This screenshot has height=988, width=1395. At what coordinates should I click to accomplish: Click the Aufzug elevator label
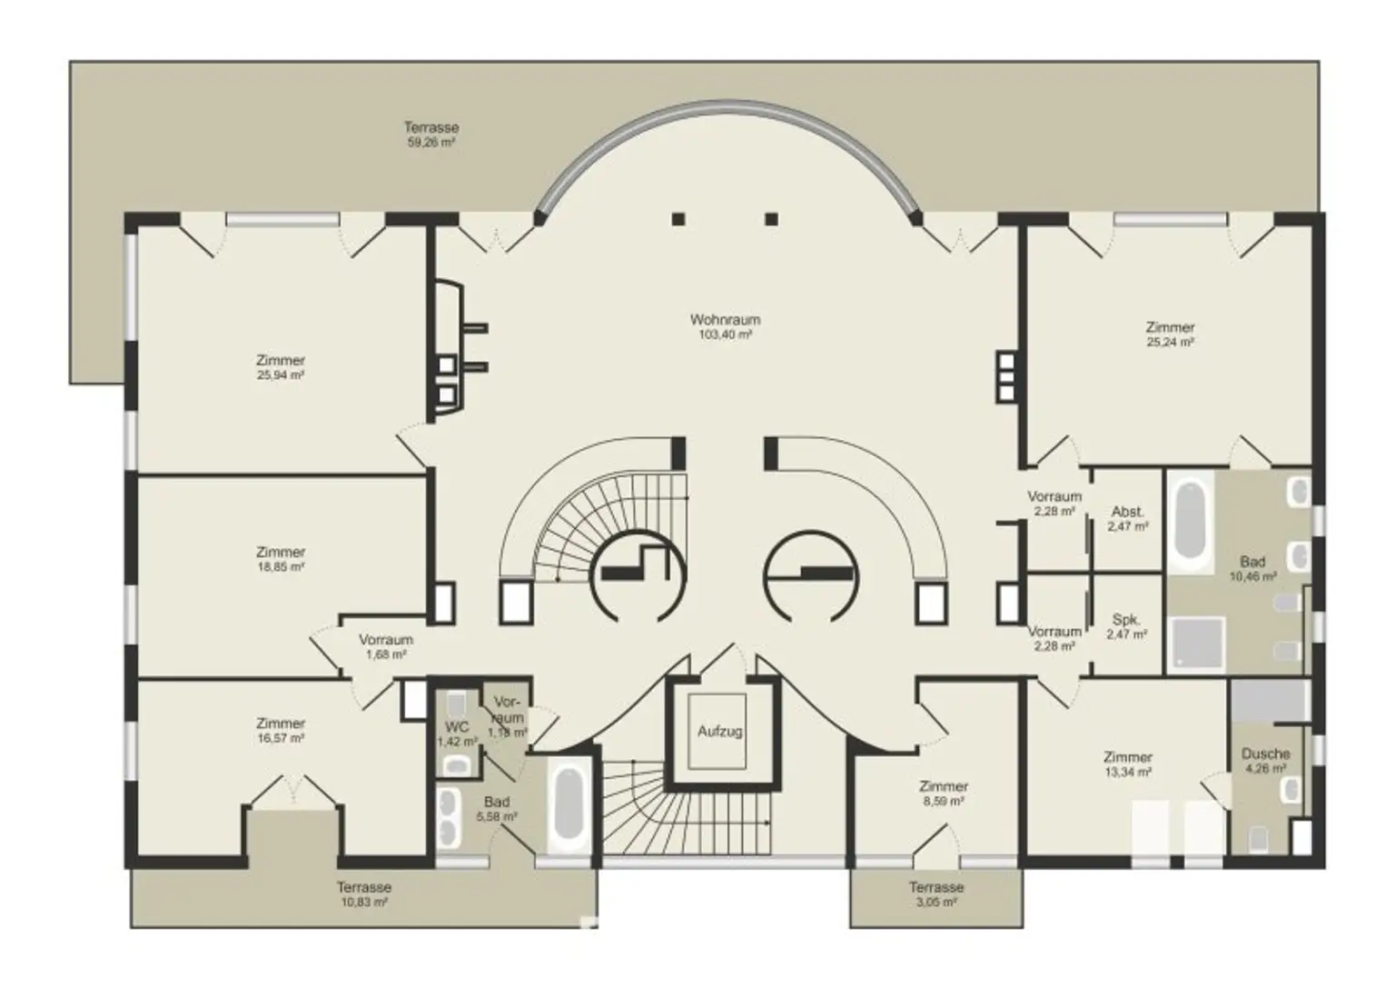point(719,731)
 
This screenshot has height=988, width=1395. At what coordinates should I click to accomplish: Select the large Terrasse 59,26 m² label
point(431,135)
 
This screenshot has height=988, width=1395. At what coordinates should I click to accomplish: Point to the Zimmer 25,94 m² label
point(281,367)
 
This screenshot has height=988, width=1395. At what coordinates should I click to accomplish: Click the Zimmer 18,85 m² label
point(281,559)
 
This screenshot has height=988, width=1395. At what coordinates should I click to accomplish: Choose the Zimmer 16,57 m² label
point(281,731)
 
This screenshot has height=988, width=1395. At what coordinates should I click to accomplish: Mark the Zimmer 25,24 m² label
point(1170,334)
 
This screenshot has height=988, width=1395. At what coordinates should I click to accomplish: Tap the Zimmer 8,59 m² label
point(944,793)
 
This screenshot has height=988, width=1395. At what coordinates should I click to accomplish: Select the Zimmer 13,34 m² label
point(1128,764)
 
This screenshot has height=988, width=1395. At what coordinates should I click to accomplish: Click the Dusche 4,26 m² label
point(1265,761)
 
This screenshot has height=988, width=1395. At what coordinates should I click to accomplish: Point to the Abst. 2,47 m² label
point(1128,519)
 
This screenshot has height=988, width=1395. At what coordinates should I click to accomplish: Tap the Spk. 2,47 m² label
point(1127,627)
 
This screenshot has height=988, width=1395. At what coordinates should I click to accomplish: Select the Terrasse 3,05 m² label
point(936,894)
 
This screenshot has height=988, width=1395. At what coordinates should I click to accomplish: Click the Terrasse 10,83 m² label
point(364,894)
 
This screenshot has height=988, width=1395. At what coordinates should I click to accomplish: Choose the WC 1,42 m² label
point(457,734)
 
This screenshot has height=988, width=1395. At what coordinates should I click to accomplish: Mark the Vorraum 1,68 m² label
point(386,646)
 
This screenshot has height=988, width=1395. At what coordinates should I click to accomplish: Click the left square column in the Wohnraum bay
point(678,219)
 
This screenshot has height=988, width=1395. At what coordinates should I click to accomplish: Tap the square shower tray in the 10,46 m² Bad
point(1198,642)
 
